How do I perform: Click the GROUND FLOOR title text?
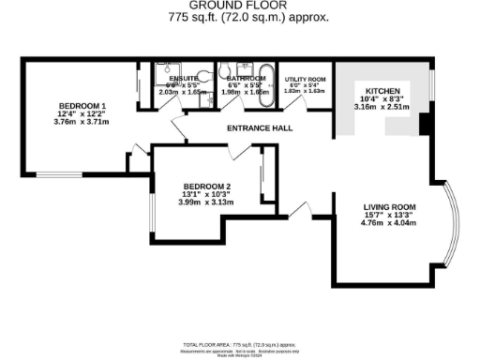240,6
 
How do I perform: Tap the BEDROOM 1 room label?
74,106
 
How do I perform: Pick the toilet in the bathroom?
226,71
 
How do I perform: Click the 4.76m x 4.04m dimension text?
388,225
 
